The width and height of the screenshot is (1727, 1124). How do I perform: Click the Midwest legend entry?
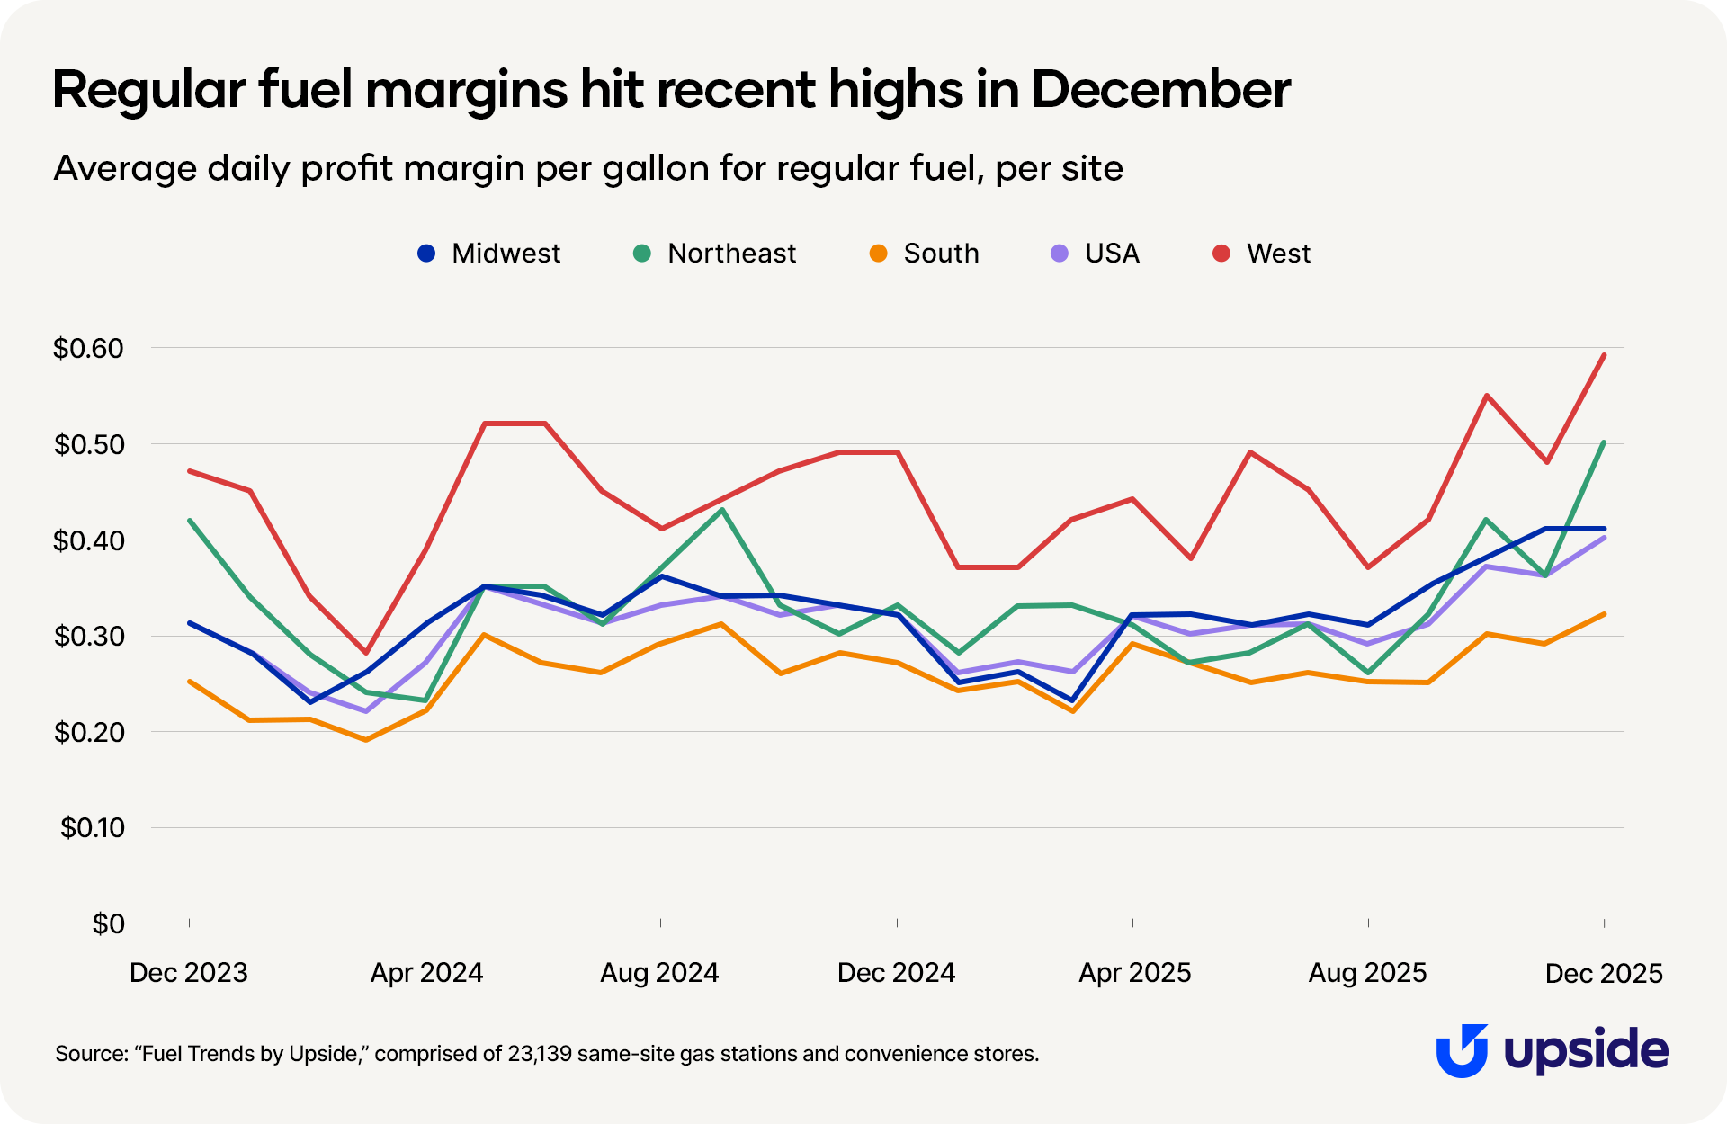[x=489, y=254]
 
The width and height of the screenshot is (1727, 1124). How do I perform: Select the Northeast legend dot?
[x=642, y=254]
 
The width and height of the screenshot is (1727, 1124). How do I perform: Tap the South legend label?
[x=941, y=254]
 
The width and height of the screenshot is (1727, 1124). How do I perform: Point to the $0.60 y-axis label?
[x=88, y=348]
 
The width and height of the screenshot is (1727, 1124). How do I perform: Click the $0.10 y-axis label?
[x=92, y=827]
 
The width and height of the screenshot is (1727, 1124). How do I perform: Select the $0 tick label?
[x=108, y=923]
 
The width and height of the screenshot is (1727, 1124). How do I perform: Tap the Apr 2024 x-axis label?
[x=426, y=973]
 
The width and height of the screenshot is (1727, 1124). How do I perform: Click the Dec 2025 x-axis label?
[x=1604, y=973]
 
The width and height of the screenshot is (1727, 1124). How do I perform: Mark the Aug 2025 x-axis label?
[x=1367, y=973]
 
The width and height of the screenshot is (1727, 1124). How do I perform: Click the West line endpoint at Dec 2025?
[x=1604, y=354]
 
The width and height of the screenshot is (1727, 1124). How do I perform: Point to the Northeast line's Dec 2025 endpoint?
[x=1604, y=442]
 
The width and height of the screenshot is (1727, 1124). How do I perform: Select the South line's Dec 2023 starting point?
[x=189, y=682]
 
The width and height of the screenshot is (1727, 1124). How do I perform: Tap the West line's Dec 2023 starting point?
[x=189, y=470]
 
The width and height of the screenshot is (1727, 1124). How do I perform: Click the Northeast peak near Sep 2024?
[x=721, y=510]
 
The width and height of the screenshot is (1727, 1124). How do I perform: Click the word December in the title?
[x=1160, y=90]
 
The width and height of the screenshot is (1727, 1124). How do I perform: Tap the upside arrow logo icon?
[x=1462, y=1050]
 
